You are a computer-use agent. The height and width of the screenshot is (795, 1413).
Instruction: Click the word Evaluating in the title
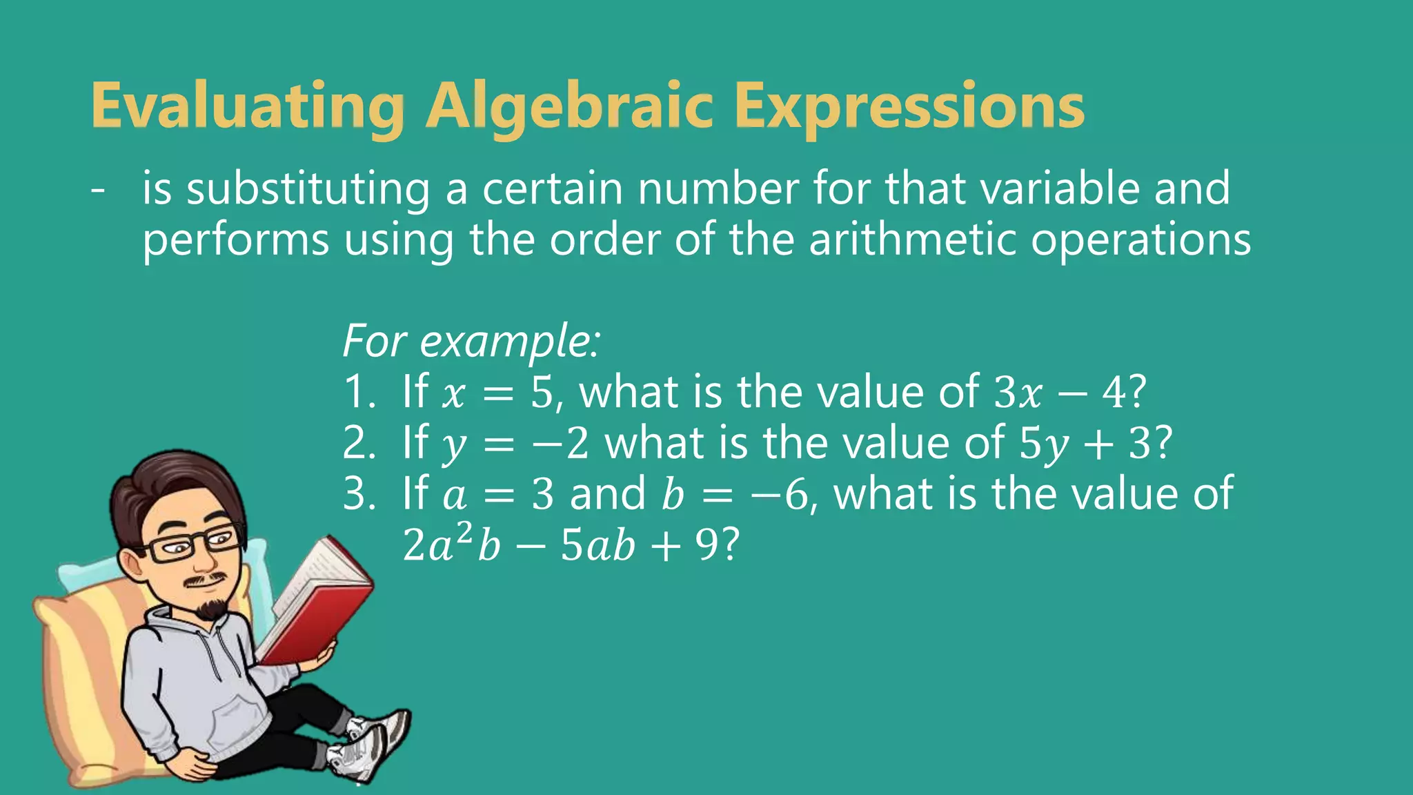click(x=247, y=107)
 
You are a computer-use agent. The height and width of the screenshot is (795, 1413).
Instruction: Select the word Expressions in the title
click(x=908, y=107)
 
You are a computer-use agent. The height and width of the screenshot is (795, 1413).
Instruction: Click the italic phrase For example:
click(x=471, y=341)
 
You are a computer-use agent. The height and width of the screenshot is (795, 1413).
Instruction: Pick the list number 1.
click(x=358, y=393)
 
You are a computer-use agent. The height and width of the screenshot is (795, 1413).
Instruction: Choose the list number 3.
click(x=358, y=495)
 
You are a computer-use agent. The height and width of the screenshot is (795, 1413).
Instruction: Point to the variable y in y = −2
click(x=454, y=445)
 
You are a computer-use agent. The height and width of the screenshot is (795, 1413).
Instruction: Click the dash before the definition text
click(x=98, y=189)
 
